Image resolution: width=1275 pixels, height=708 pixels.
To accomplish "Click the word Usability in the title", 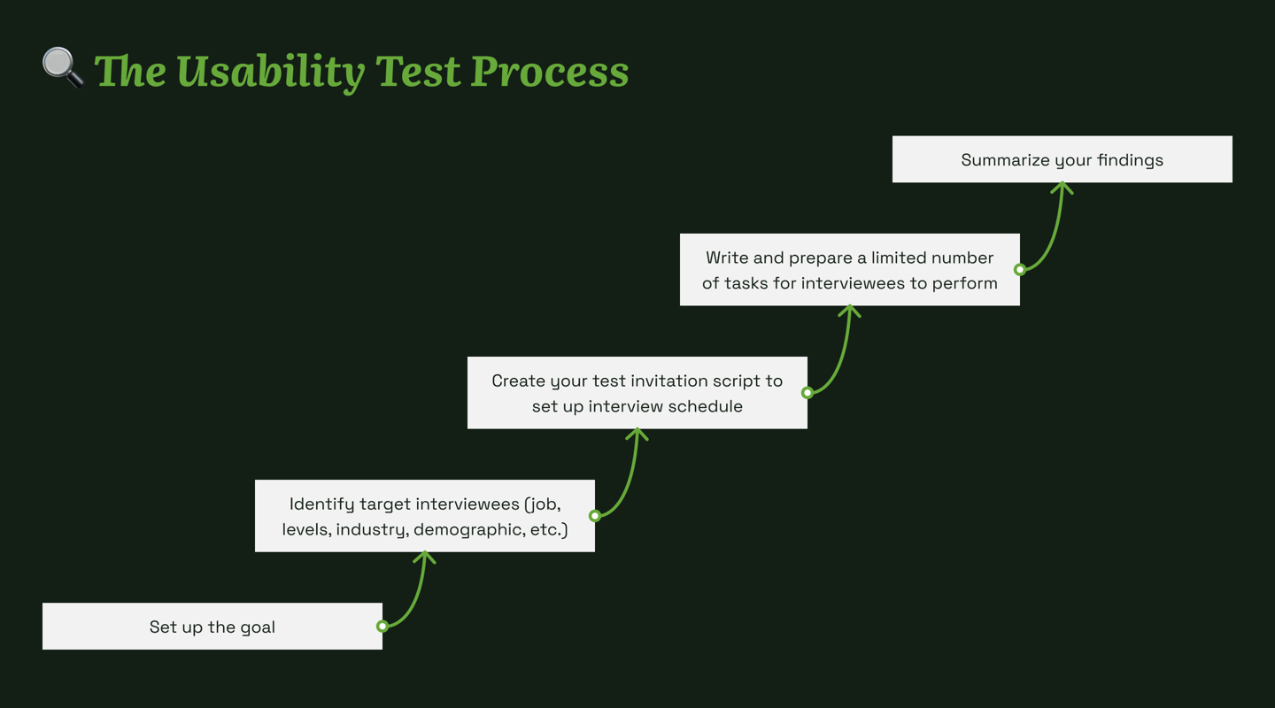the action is click(x=271, y=73).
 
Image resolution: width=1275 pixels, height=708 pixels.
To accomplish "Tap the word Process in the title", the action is click(x=550, y=73).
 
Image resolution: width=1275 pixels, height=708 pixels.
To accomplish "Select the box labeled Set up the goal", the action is click(x=212, y=626).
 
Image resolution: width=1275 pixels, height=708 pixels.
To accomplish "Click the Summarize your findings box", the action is click(x=1062, y=159).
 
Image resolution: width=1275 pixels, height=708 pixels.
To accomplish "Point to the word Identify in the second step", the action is click(x=321, y=504).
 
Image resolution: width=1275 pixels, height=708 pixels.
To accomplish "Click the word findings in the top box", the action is click(x=1131, y=160).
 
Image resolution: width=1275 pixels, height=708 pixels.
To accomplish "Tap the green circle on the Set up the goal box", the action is click(x=382, y=626).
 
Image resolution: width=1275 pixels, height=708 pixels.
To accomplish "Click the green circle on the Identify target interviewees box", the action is click(x=595, y=516).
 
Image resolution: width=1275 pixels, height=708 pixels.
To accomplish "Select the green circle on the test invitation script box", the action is click(x=807, y=393).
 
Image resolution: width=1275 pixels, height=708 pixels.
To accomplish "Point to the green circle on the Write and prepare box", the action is click(x=1020, y=269).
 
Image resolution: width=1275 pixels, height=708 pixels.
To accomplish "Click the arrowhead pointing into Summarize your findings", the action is click(x=1062, y=187).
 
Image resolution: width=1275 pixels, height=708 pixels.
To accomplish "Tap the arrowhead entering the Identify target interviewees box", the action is click(x=425, y=556).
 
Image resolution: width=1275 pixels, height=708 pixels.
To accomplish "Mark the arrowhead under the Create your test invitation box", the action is click(x=637, y=433).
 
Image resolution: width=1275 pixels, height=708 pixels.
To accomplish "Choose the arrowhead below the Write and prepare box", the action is click(x=849, y=310).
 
